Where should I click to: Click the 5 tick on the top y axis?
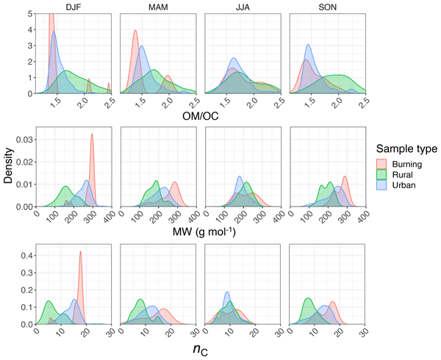(29, 13)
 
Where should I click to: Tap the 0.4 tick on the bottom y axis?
(27, 256)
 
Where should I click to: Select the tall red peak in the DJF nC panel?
(80, 253)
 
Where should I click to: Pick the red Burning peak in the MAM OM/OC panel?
(135, 32)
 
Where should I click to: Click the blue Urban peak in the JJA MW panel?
(240, 178)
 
